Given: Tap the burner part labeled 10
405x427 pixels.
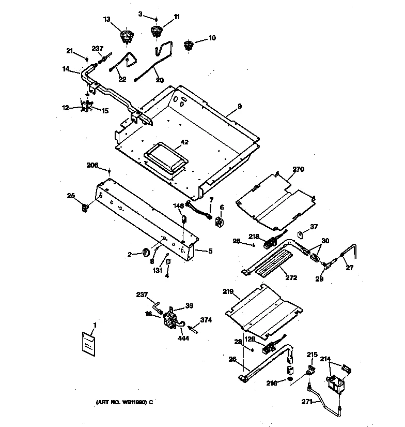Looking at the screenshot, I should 189,46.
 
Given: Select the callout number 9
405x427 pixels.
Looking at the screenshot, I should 240,107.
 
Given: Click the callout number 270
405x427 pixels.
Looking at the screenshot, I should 300,169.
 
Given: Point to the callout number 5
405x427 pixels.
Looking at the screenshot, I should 211,252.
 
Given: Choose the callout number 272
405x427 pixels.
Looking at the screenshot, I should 291,278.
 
